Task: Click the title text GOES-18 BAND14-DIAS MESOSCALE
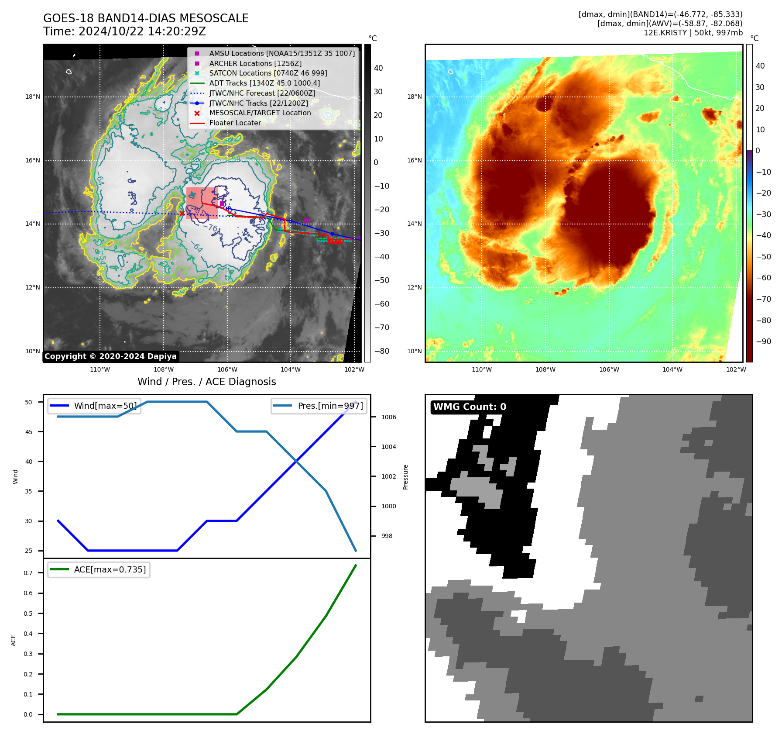point(146,18)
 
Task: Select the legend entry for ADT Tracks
point(264,83)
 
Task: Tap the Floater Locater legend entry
point(235,123)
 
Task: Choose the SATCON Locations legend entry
point(268,73)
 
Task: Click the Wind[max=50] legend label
point(105,406)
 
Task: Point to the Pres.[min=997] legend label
point(330,406)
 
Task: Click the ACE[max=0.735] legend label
point(110,569)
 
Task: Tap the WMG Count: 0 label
point(470,407)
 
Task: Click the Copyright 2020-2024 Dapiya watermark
point(110,356)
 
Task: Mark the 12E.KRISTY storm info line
point(693,33)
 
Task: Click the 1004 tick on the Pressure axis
point(388,447)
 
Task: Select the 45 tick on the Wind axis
point(29,432)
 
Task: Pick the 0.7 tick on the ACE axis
point(28,573)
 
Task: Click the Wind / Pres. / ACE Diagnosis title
point(206,382)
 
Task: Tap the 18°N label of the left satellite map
point(33,97)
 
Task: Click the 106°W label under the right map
point(609,369)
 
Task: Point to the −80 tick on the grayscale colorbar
point(382,351)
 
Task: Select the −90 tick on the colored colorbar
point(763,341)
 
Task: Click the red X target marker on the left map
point(182,213)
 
